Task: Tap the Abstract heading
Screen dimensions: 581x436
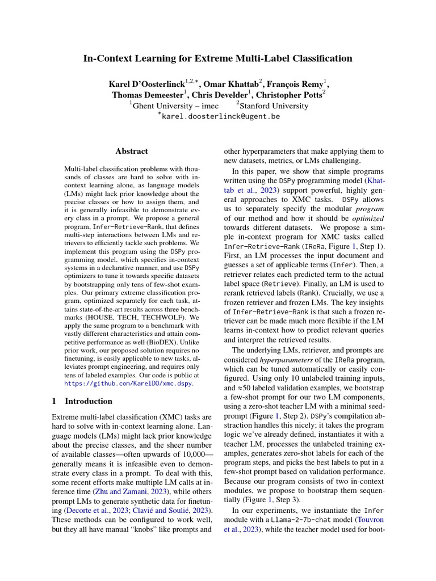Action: [132, 151]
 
